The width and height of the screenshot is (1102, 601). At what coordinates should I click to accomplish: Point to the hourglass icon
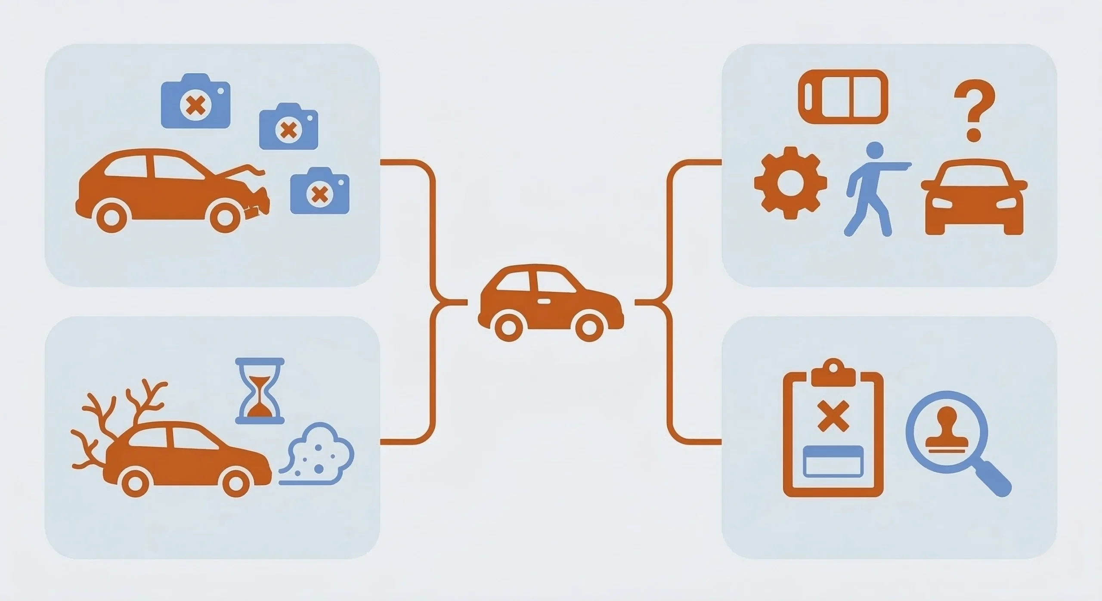pyautogui.click(x=260, y=390)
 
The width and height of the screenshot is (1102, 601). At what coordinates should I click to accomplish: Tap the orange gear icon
pyautogui.click(x=790, y=183)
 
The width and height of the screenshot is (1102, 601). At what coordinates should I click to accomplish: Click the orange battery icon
pyautogui.click(x=843, y=97)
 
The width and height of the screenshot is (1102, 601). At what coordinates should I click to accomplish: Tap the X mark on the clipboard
pyautogui.click(x=833, y=415)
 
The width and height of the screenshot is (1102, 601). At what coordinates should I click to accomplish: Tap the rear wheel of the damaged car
pyautogui.click(x=111, y=218)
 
